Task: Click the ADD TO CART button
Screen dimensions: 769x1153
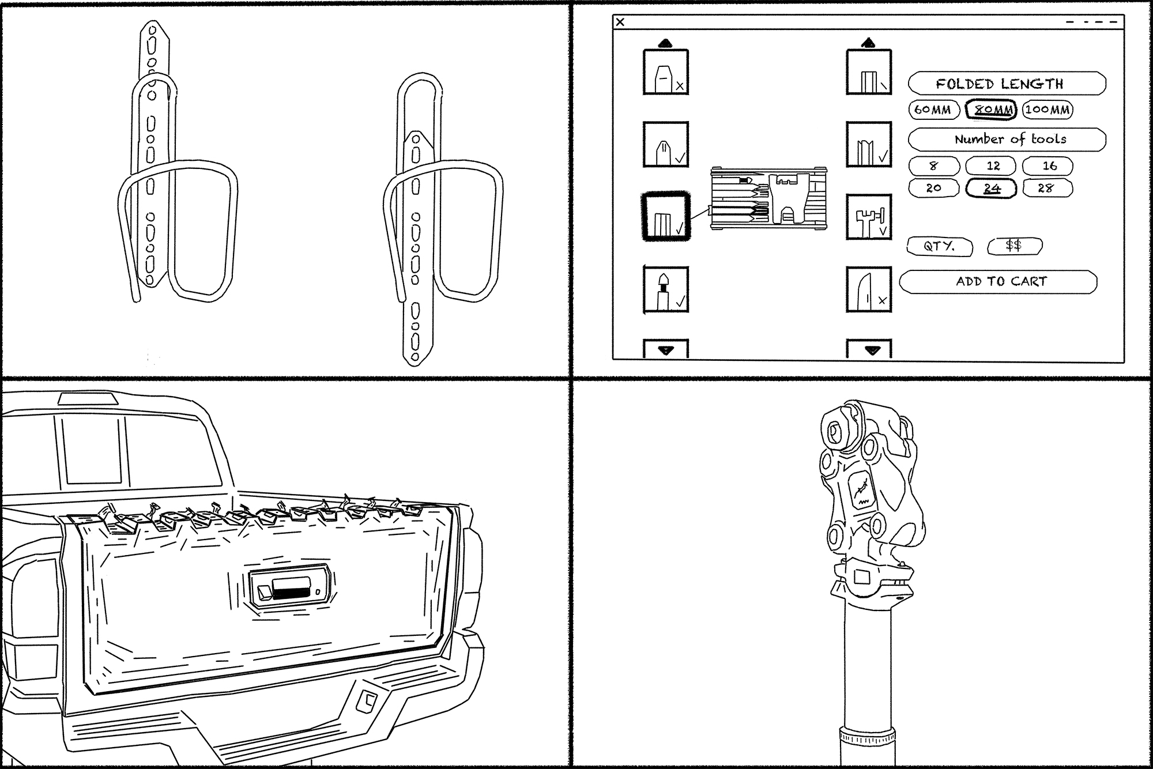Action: pyautogui.click(x=998, y=282)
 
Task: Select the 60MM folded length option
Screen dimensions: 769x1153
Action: pyautogui.click(x=933, y=110)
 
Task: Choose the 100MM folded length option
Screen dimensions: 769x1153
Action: pyautogui.click(x=1048, y=110)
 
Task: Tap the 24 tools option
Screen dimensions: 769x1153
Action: pyautogui.click(x=992, y=188)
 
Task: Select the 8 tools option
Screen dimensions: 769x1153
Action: pyautogui.click(x=934, y=166)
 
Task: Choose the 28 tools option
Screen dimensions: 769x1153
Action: pyautogui.click(x=1047, y=188)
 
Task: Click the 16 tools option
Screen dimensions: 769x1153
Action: pyautogui.click(x=1048, y=166)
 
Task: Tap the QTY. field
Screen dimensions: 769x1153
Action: pyautogui.click(x=940, y=246)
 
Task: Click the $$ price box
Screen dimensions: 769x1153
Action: pyautogui.click(x=1014, y=246)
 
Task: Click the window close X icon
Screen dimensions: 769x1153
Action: pyautogui.click(x=620, y=22)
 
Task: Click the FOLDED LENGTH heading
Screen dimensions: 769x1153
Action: pyautogui.click(x=1007, y=84)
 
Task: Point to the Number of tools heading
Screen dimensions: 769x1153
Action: pyautogui.click(x=1007, y=140)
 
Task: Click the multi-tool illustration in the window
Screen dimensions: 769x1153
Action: pyautogui.click(x=768, y=198)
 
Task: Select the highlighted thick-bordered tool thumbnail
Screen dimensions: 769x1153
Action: pyautogui.click(x=666, y=217)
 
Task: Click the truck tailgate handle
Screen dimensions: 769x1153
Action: pyautogui.click(x=288, y=588)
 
